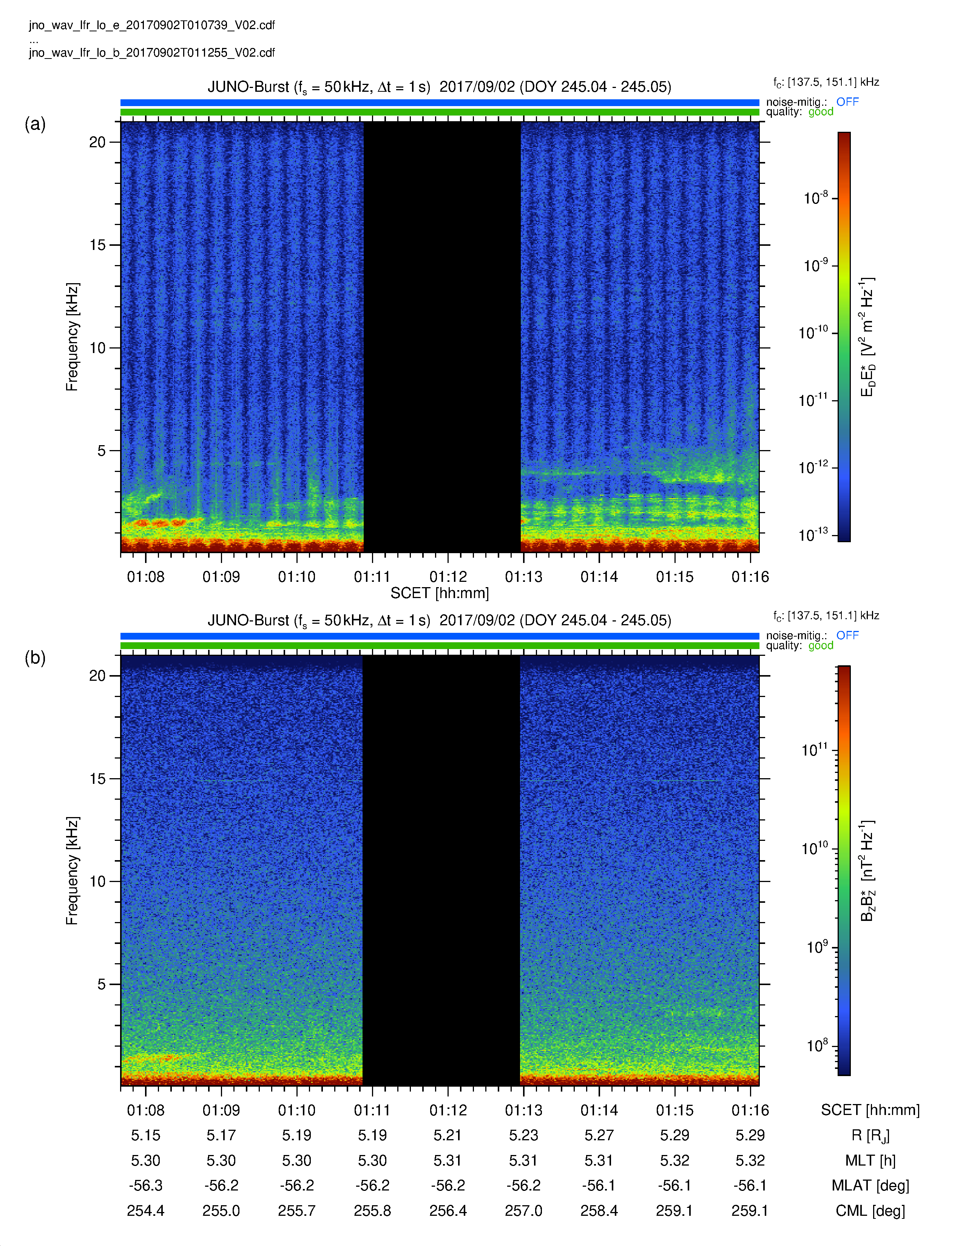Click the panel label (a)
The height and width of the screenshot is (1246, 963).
35,124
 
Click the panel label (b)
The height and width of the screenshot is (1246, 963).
35,658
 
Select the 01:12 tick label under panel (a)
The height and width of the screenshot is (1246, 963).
448,577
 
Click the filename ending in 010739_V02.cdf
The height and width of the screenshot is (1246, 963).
152,25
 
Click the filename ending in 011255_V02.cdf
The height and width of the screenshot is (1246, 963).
152,52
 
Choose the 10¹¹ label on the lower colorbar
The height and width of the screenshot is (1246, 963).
815,749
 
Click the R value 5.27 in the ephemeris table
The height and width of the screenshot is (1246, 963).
599,1135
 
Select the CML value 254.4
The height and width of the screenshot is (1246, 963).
145,1211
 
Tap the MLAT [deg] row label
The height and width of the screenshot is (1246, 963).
870,1186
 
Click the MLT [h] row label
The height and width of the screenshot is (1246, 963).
870,1160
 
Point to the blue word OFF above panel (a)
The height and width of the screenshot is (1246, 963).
847,102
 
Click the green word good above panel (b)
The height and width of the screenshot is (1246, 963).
820,645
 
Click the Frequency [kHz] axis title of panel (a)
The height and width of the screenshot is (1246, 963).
72,336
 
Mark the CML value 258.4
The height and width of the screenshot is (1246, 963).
599,1211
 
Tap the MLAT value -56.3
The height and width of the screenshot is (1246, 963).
145,1186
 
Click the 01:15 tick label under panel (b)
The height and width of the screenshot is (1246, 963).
674,1110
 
